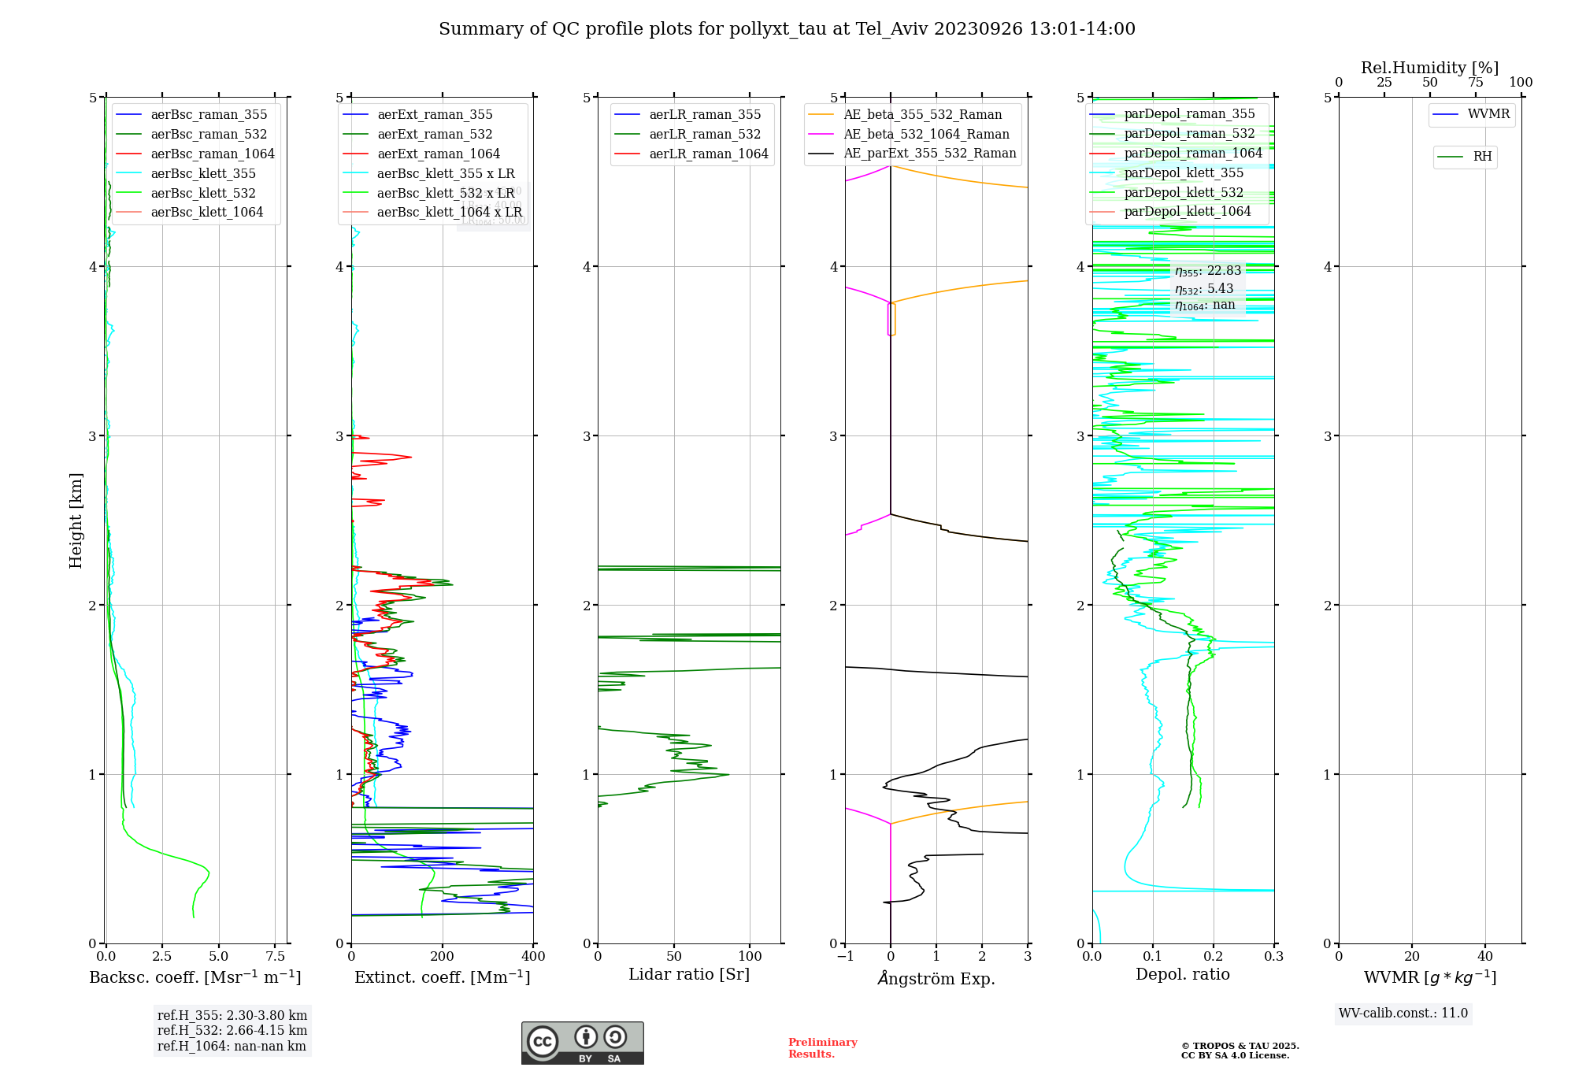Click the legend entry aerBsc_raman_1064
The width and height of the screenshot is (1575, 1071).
[x=213, y=154]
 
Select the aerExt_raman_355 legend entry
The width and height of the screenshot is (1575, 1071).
[x=435, y=115]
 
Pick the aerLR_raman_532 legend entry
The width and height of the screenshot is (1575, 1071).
[x=705, y=135]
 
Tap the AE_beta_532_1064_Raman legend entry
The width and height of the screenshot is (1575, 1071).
[x=926, y=135]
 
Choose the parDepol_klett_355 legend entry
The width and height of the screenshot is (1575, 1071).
[x=1184, y=173]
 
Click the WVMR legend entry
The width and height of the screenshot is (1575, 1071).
[x=1488, y=114]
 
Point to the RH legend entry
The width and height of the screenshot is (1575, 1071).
[x=1482, y=157]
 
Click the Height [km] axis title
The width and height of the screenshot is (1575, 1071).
[x=76, y=521]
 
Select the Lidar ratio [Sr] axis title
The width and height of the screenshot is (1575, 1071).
[x=689, y=974]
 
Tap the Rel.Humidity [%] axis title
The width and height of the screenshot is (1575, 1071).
[x=1429, y=68]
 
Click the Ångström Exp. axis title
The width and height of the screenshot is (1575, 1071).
[x=936, y=978]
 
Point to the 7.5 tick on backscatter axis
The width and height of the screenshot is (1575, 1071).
[x=275, y=957]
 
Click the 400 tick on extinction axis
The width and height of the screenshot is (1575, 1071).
[x=534, y=957]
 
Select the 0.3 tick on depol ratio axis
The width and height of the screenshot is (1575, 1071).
[x=1273, y=957]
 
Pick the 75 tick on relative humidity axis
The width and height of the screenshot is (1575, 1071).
[x=1475, y=83]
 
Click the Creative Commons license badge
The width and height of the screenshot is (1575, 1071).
[x=582, y=1043]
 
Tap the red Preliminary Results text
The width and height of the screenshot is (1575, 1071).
[x=822, y=1048]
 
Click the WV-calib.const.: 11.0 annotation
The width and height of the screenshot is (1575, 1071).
[x=1403, y=1014]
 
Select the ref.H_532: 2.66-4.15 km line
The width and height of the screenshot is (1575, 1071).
[x=232, y=1031]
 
